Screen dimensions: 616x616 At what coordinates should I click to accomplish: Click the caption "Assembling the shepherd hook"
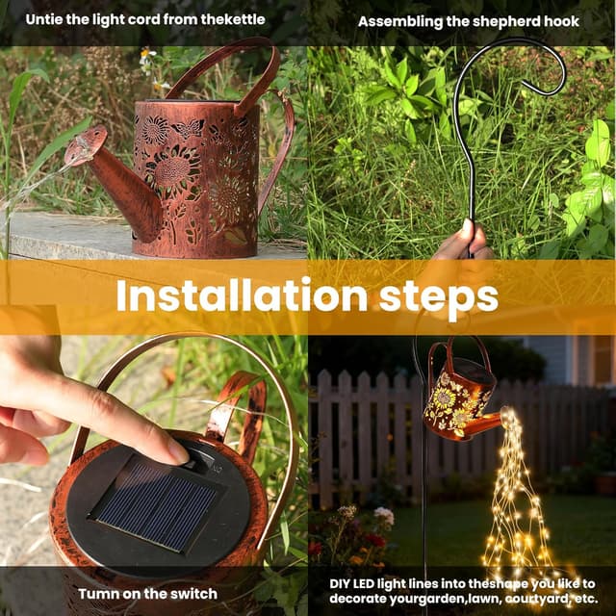[469, 20]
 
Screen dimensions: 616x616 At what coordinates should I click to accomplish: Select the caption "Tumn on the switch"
[147, 593]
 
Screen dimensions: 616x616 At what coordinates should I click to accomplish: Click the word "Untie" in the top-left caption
[45, 19]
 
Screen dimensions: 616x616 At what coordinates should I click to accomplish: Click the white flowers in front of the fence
[383, 516]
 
